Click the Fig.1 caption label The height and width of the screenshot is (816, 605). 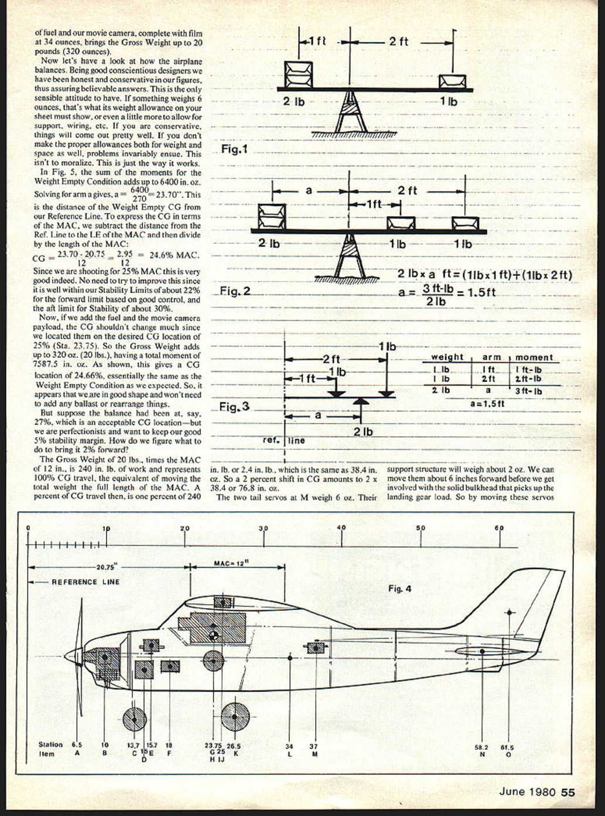(x=235, y=149)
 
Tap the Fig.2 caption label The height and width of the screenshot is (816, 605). (x=235, y=290)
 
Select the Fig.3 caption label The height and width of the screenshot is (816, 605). (x=234, y=407)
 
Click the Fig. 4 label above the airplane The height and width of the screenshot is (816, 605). (x=399, y=588)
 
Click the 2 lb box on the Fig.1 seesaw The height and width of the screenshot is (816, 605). (x=294, y=74)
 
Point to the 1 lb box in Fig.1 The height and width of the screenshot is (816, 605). (x=453, y=81)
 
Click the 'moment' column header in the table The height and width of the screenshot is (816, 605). (x=534, y=357)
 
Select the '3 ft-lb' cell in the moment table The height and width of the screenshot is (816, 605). (x=529, y=391)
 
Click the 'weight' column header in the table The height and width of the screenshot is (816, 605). (x=447, y=357)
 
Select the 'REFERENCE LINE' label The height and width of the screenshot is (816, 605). (x=86, y=582)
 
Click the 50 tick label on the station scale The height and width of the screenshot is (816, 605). (x=421, y=528)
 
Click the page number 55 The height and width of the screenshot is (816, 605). (x=568, y=792)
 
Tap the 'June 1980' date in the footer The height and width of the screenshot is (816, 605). (x=527, y=792)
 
